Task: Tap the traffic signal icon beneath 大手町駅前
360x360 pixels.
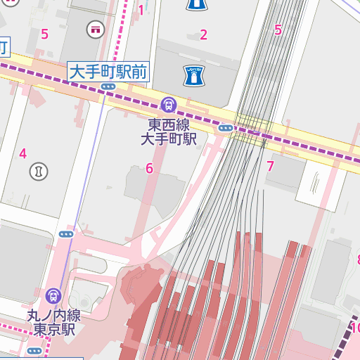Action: click(x=108, y=86)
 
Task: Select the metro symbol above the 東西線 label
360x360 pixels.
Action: click(x=169, y=105)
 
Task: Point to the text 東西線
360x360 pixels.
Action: click(x=169, y=124)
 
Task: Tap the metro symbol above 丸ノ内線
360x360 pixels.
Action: click(x=53, y=296)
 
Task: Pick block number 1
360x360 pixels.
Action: click(x=141, y=10)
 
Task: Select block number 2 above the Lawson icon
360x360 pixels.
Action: click(x=204, y=34)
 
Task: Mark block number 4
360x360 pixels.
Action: click(x=22, y=153)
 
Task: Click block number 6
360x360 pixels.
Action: click(x=149, y=168)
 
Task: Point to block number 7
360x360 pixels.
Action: click(x=270, y=167)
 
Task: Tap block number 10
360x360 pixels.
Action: click(x=355, y=328)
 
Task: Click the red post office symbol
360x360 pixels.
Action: click(x=94, y=30)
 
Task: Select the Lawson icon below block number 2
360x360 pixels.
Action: click(x=193, y=75)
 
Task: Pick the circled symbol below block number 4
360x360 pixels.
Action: click(x=37, y=170)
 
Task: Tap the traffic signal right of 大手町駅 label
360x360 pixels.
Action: click(x=226, y=128)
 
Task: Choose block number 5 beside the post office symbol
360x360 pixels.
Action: click(x=45, y=34)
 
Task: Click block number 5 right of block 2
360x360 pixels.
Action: click(x=278, y=30)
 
